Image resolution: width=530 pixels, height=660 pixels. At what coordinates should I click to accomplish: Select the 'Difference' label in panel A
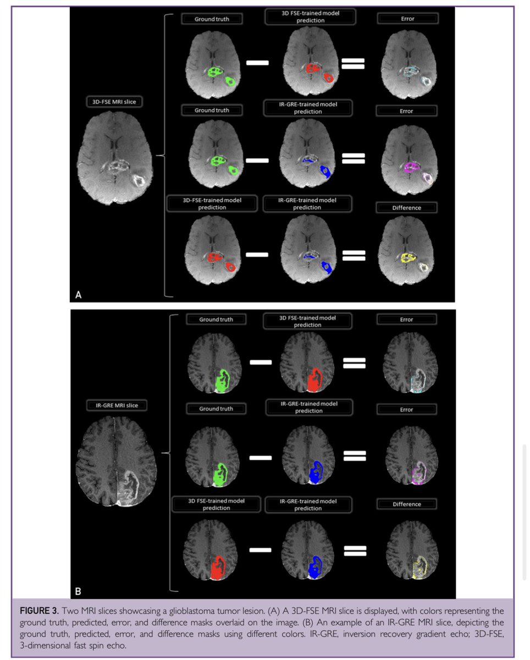407,208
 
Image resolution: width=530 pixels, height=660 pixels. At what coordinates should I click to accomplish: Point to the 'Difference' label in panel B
407,504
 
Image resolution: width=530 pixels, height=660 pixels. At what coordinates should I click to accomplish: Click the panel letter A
79,295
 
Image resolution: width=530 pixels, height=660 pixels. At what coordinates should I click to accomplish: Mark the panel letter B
78,591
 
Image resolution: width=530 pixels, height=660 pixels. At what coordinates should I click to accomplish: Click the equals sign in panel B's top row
354,364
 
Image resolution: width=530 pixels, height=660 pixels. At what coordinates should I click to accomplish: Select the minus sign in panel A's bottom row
257,255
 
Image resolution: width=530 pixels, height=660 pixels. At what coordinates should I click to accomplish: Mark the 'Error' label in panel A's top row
407,19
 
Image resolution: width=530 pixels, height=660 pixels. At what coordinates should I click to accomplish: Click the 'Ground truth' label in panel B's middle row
216,409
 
